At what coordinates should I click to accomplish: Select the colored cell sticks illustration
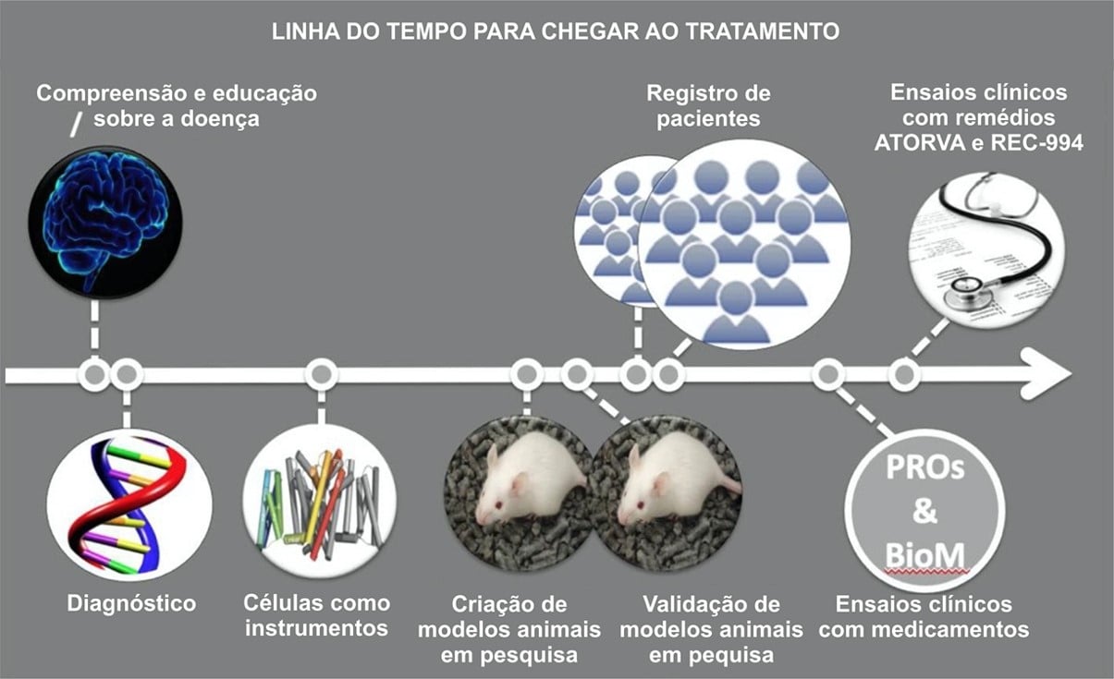coord(320,504)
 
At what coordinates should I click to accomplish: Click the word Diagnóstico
coord(131,604)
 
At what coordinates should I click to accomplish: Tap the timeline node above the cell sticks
coord(321,374)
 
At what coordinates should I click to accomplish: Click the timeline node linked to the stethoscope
coord(904,374)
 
